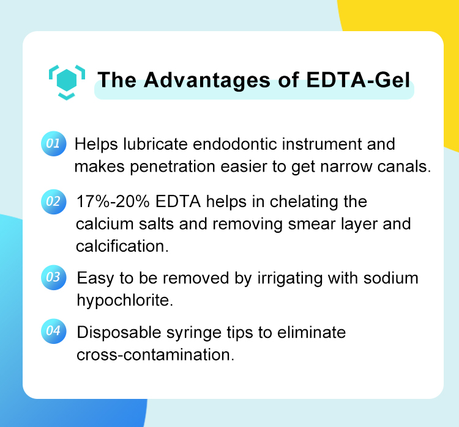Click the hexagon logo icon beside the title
pyautogui.click(x=67, y=82)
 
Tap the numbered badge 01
pyautogui.click(x=54, y=144)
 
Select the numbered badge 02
pyautogui.click(x=54, y=202)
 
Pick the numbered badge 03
pyautogui.click(x=54, y=277)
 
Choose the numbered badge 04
pyautogui.click(x=54, y=331)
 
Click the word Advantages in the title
pyautogui.click(x=207, y=81)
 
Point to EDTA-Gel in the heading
pyautogui.click(x=358, y=79)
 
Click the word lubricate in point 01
pyautogui.click(x=155, y=144)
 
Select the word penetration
pyautogui.click(x=173, y=167)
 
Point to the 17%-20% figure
pyautogui.click(x=113, y=202)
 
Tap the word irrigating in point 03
pyautogui.click(x=290, y=279)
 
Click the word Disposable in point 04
pyautogui.click(x=119, y=333)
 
